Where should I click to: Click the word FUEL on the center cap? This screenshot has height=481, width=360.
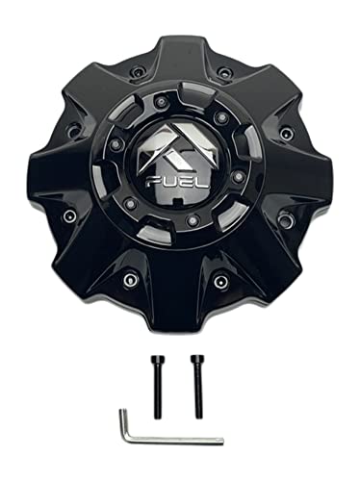pos(180,181)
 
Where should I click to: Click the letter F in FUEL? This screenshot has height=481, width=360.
pos(157,181)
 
